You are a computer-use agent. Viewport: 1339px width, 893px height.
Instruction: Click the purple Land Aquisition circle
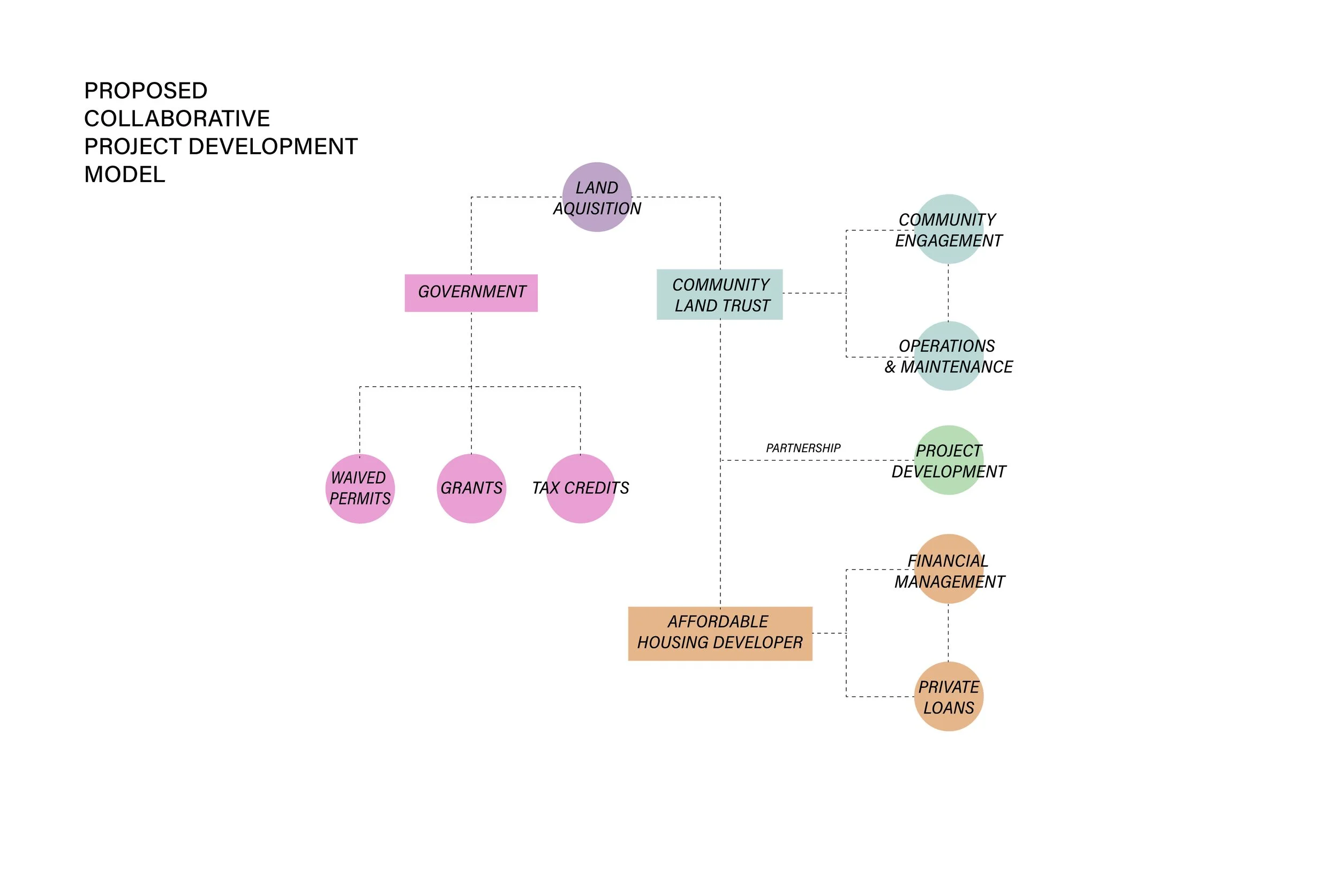click(597, 197)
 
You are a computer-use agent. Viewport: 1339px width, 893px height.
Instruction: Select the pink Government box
click(471, 292)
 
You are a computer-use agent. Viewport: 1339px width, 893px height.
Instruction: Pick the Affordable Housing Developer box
click(720, 633)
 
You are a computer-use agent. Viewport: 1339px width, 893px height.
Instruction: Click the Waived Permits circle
click(360, 489)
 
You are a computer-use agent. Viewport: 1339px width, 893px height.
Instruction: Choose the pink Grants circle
click(471, 489)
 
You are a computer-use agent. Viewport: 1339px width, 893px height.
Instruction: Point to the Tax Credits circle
click(581, 489)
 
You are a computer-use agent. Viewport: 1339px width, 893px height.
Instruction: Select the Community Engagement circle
click(949, 229)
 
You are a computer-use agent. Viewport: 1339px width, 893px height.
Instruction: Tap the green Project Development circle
click(949, 460)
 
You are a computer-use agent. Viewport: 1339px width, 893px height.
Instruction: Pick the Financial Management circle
click(949, 569)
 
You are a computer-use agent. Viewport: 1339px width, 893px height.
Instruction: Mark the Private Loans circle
click(949, 696)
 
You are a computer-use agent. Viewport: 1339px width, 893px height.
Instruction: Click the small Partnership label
click(803, 448)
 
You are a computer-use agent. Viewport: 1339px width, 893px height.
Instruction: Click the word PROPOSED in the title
click(146, 91)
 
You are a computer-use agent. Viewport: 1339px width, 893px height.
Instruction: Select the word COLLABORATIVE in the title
click(177, 119)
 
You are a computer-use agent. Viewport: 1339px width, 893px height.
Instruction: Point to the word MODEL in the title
click(125, 175)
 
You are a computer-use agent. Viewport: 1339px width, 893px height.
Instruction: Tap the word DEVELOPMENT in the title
click(273, 147)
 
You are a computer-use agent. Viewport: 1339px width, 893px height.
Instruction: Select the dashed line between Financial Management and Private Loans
click(948, 633)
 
